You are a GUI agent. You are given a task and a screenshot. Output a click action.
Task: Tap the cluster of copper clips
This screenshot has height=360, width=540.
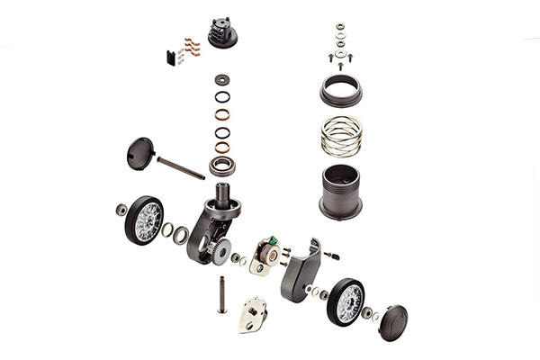coord(189,45)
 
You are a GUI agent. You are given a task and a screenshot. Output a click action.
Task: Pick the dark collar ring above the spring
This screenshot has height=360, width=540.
coord(341,90)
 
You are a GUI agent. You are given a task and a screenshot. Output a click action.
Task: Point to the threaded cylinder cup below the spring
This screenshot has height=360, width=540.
coord(341,191)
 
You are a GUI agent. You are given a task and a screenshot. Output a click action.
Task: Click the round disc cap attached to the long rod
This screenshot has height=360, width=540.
coord(142,153)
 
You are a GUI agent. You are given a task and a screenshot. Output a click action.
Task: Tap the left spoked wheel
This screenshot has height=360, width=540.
coord(145,219)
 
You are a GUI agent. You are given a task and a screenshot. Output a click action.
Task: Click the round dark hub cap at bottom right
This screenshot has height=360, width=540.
coord(392,322)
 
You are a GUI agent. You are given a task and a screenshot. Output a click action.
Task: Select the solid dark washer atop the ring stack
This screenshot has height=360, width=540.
coord(221,79)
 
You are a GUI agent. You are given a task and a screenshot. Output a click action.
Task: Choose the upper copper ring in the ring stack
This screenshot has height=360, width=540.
coord(221,114)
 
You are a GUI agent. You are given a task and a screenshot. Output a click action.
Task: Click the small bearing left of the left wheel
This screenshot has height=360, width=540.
coord(121,210)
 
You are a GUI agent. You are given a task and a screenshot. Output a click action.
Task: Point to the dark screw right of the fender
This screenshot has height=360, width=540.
coord(333,255)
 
